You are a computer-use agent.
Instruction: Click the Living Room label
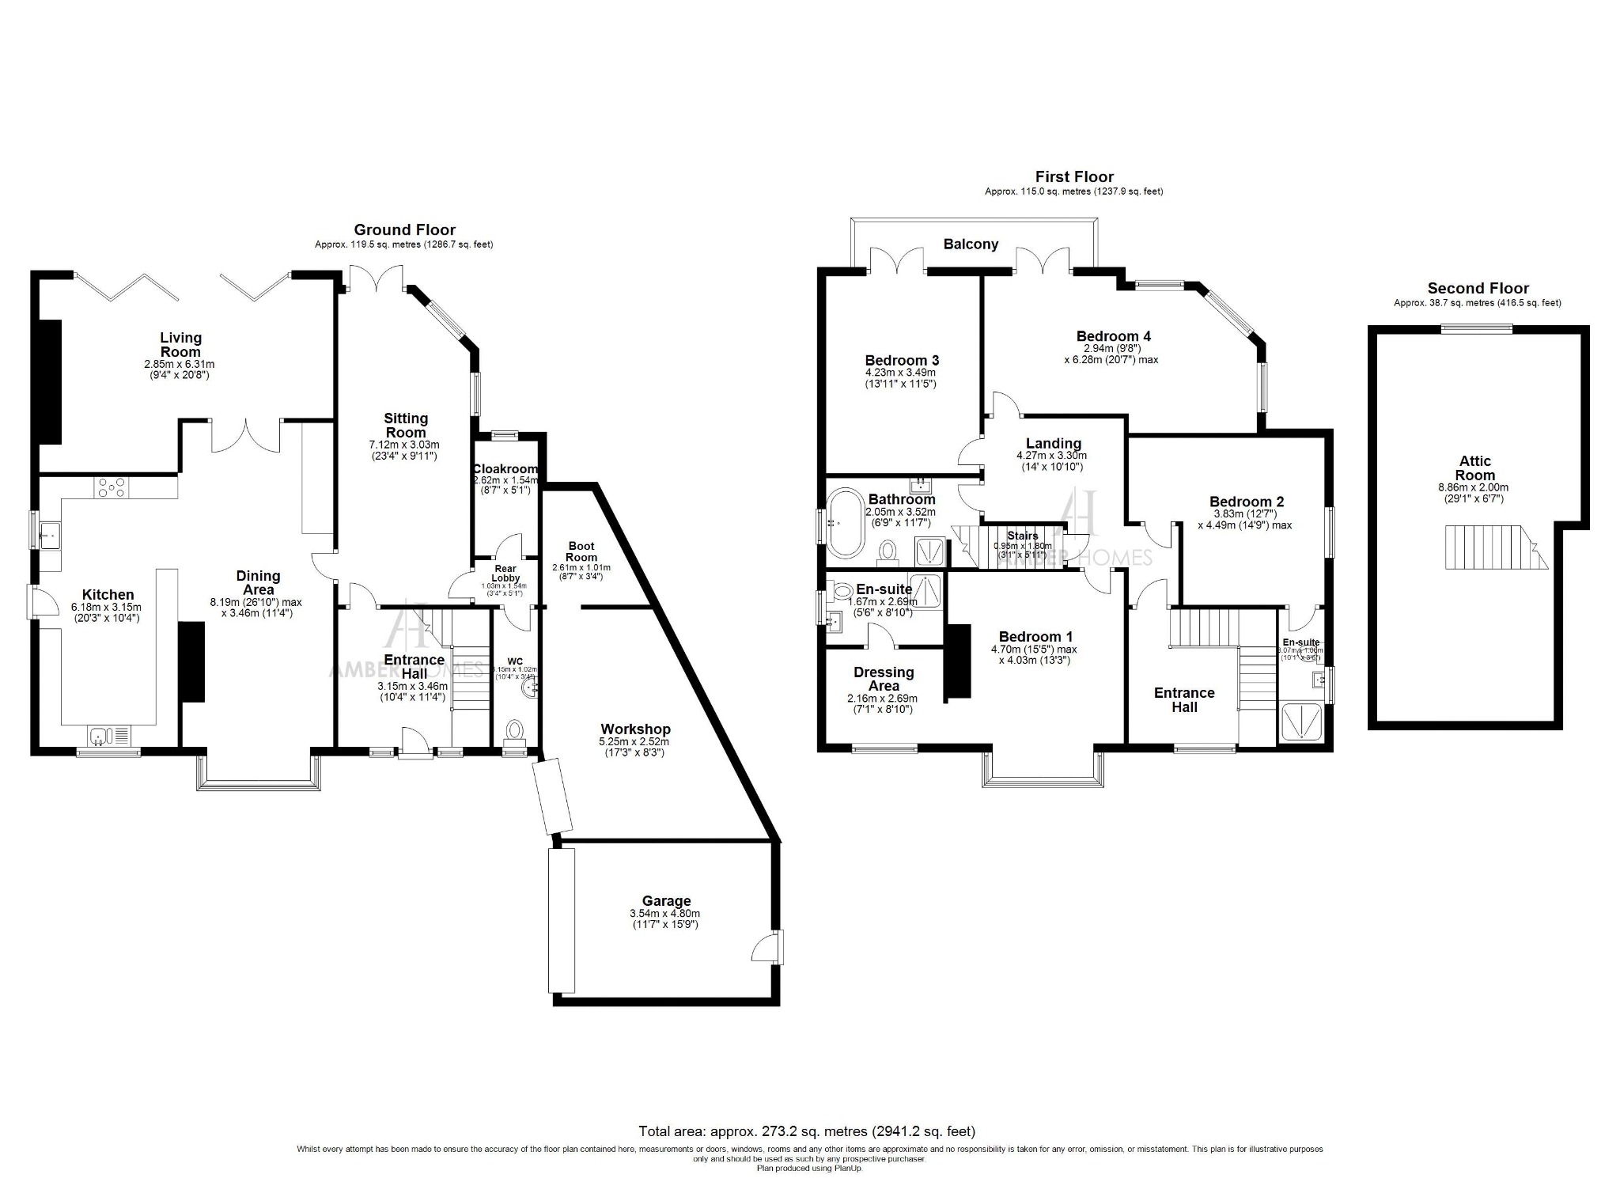pyautogui.click(x=180, y=345)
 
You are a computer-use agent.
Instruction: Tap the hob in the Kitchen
pyautogui.click(x=112, y=488)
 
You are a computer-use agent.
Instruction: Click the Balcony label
pyautogui.click(x=971, y=244)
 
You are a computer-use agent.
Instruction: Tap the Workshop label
pyautogui.click(x=635, y=729)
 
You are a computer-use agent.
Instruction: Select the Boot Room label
pyautogui.click(x=581, y=551)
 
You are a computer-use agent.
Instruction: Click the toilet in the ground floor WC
pyautogui.click(x=515, y=729)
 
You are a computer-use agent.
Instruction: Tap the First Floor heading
pyautogui.click(x=1074, y=177)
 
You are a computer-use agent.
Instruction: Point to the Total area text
pyautogui.click(x=807, y=1131)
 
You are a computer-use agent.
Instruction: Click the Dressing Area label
pyautogui.click(x=884, y=679)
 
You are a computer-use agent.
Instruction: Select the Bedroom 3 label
pyautogui.click(x=902, y=360)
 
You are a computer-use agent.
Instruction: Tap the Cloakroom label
pyautogui.click(x=505, y=469)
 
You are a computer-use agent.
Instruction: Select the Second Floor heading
pyautogui.click(x=1478, y=289)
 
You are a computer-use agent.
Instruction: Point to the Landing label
pyautogui.click(x=1053, y=443)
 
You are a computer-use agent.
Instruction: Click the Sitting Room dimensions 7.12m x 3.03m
pyautogui.click(x=405, y=445)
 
